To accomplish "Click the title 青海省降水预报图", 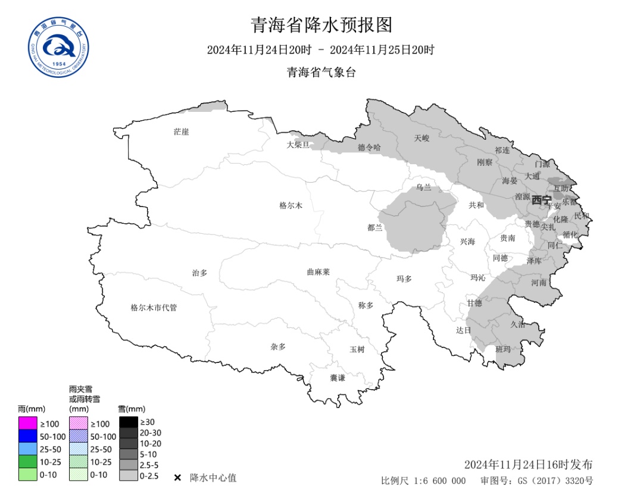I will [321, 26].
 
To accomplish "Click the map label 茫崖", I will [181, 131].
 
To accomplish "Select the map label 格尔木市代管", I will [154, 308].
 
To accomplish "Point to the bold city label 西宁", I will [541, 200].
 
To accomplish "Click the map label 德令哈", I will [369, 147].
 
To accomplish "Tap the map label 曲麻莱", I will [318, 272].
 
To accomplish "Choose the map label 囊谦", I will [338, 378].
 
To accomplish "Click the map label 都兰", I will [375, 227].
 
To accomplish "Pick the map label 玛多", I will [404, 278].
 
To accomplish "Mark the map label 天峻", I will [422, 138].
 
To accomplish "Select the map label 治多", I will [199, 273].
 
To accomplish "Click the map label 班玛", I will [503, 349].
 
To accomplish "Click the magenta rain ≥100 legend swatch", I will [27, 423].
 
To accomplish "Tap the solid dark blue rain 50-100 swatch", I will [27, 436].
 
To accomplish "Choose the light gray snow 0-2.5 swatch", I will [128, 475].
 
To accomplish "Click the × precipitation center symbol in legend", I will [177, 478].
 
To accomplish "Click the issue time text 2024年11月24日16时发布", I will [528, 464].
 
